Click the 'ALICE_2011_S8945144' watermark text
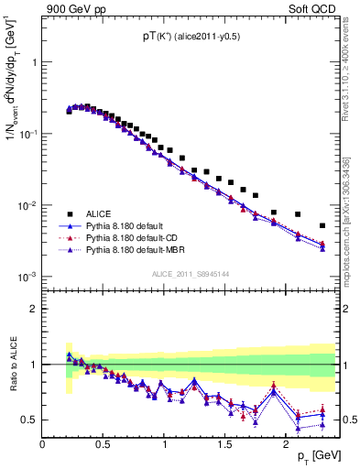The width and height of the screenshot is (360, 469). click(x=191, y=274)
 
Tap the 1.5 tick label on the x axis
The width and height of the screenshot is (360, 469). click(x=225, y=443)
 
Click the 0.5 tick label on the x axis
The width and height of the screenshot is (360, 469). click(x=104, y=443)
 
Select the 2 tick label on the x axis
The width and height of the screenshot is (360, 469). click(x=286, y=443)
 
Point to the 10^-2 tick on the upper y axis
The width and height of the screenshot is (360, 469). click(x=26, y=205)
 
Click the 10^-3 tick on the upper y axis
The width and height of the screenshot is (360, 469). click(x=26, y=277)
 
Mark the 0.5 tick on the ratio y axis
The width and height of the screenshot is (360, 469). click(x=29, y=420)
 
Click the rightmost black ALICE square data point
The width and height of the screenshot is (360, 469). click(x=322, y=225)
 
